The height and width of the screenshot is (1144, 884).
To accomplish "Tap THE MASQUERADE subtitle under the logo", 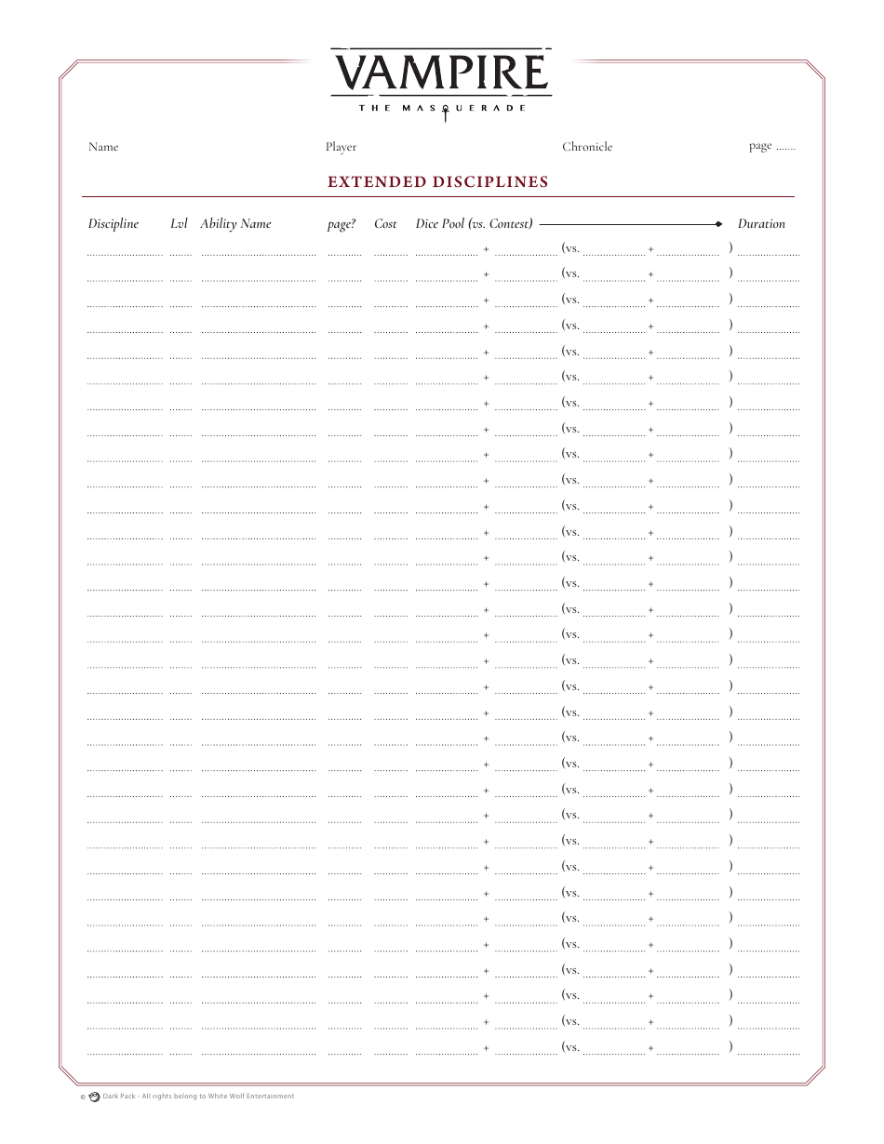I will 442,108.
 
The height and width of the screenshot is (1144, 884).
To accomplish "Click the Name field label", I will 103,147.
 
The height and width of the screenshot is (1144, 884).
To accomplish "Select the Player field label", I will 341,147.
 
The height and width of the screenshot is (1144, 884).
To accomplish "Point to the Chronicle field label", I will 587,147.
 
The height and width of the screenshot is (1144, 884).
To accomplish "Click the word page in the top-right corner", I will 760,146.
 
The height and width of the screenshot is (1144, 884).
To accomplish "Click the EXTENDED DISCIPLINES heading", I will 438,182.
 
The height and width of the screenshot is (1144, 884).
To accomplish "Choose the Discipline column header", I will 114,224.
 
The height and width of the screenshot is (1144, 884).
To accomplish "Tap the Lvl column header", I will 179,224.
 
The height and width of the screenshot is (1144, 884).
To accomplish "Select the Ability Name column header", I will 235,224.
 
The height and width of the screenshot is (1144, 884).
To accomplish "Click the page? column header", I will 342,224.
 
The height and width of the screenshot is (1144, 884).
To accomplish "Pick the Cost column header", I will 385,224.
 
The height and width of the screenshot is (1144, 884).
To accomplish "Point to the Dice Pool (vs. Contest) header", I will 475,224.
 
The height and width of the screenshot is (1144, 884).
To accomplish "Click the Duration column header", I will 761,224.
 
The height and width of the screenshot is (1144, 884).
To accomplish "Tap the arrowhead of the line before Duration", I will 718,224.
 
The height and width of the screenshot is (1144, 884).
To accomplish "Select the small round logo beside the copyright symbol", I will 94,1097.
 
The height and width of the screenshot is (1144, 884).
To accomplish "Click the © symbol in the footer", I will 83,1097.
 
